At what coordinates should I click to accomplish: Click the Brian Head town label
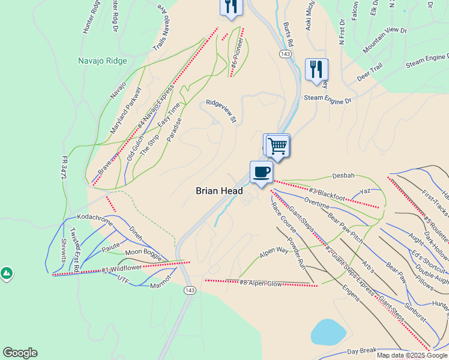(x=219, y=191)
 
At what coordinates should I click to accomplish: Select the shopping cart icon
(x=277, y=145)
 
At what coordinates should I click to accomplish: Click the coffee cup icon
(x=261, y=172)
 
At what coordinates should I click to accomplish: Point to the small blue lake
(x=328, y=331)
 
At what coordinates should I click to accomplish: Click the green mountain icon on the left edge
(x=6, y=274)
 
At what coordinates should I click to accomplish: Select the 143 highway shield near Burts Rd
(x=285, y=54)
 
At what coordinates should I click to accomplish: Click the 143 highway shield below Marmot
(x=190, y=290)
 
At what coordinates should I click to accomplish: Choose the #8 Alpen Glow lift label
(x=261, y=283)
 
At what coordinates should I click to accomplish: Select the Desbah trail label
(x=343, y=176)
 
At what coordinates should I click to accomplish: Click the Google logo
(x=20, y=353)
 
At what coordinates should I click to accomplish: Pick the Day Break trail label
(x=361, y=350)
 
